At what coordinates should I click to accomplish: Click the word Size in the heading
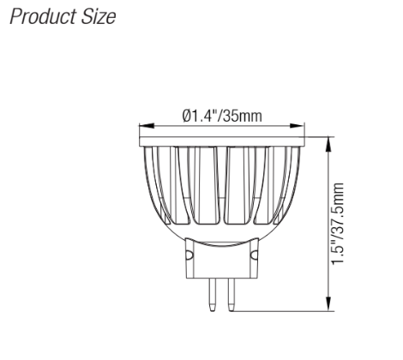click(96, 19)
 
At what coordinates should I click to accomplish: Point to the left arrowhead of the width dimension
click(142, 124)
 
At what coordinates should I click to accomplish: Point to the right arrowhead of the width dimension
click(301, 124)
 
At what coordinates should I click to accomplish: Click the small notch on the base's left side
click(189, 255)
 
